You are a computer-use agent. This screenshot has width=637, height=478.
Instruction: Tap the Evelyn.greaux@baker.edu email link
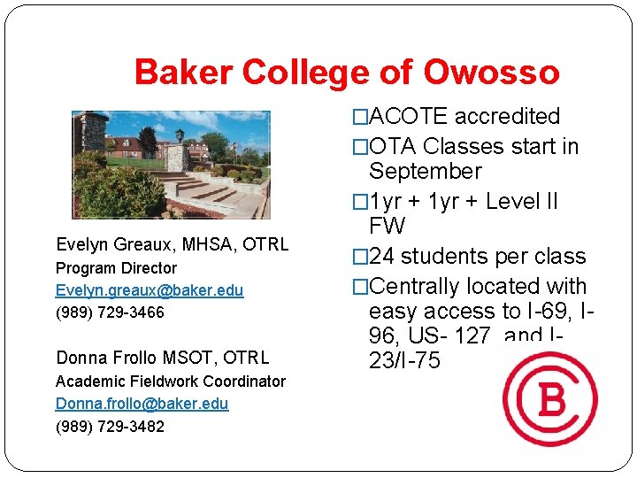click(150, 290)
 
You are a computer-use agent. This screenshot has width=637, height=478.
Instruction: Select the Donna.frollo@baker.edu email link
click(142, 404)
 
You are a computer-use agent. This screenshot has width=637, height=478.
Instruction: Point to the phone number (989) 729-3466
click(110, 312)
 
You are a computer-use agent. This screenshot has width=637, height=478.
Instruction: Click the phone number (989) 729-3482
click(110, 426)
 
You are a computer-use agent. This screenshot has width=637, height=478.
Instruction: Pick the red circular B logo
click(550, 399)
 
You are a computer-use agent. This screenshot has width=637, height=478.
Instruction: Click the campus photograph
click(171, 165)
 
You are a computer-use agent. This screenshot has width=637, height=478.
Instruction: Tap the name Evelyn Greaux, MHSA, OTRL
click(172, 244)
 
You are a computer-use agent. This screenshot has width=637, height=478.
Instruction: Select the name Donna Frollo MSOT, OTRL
click(162, 358)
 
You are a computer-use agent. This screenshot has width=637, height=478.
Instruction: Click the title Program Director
click(116, 268)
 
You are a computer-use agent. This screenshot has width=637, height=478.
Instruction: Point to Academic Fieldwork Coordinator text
click(171, 382)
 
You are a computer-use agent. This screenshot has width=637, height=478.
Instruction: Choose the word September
click(425, 171)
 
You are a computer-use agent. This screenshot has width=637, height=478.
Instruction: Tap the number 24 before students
click(383, 257)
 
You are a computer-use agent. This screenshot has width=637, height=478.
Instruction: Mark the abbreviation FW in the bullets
click(388, 226)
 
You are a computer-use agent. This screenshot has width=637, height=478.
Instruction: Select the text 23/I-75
click(404, 361)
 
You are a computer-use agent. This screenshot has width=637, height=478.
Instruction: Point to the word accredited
click(507, 116)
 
